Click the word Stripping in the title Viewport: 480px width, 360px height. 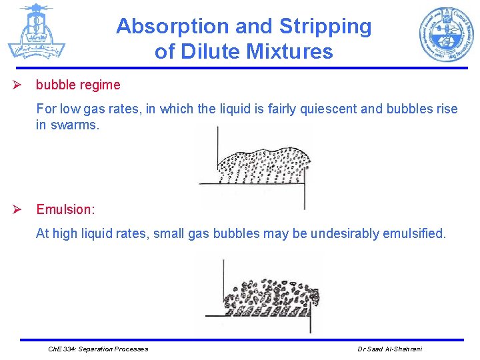(x=325, y=27)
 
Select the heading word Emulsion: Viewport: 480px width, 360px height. (x=65, y=209)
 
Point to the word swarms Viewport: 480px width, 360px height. (x=75, y=125)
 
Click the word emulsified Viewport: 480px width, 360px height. (x=413, y=233)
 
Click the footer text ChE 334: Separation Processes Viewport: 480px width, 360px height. (x=99, y=349)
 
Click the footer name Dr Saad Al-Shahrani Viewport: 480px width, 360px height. (x=389, y=349)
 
